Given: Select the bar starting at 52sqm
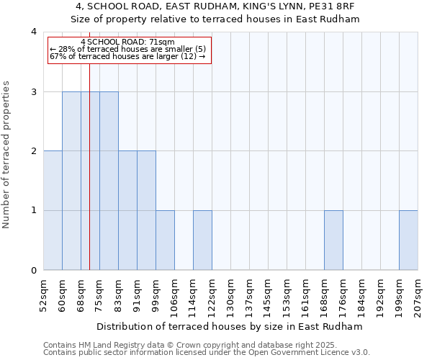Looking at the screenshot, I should [53, 210].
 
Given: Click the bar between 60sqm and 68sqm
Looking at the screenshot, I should [71, 181].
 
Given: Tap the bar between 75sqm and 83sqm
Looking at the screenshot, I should [109, 181].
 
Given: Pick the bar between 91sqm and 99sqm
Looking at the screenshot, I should [146, 210].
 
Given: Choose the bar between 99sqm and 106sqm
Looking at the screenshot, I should [165, 240].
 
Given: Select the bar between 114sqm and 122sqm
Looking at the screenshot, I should [202, 240].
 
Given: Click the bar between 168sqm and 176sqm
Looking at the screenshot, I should [333, 240].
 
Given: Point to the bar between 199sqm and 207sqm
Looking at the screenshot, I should [408, 240].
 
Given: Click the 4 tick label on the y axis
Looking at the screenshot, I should [33, 32].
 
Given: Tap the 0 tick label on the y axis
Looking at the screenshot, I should [33, 271].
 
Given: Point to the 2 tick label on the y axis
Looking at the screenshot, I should [33, 151].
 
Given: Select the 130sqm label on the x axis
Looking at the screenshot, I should [231, 296].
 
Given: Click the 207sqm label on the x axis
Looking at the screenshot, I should [418, 296].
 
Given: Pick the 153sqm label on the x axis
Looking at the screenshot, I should [287, 296].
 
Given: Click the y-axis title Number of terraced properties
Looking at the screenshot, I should [7, 155].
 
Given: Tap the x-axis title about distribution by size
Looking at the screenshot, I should [230, 326].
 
